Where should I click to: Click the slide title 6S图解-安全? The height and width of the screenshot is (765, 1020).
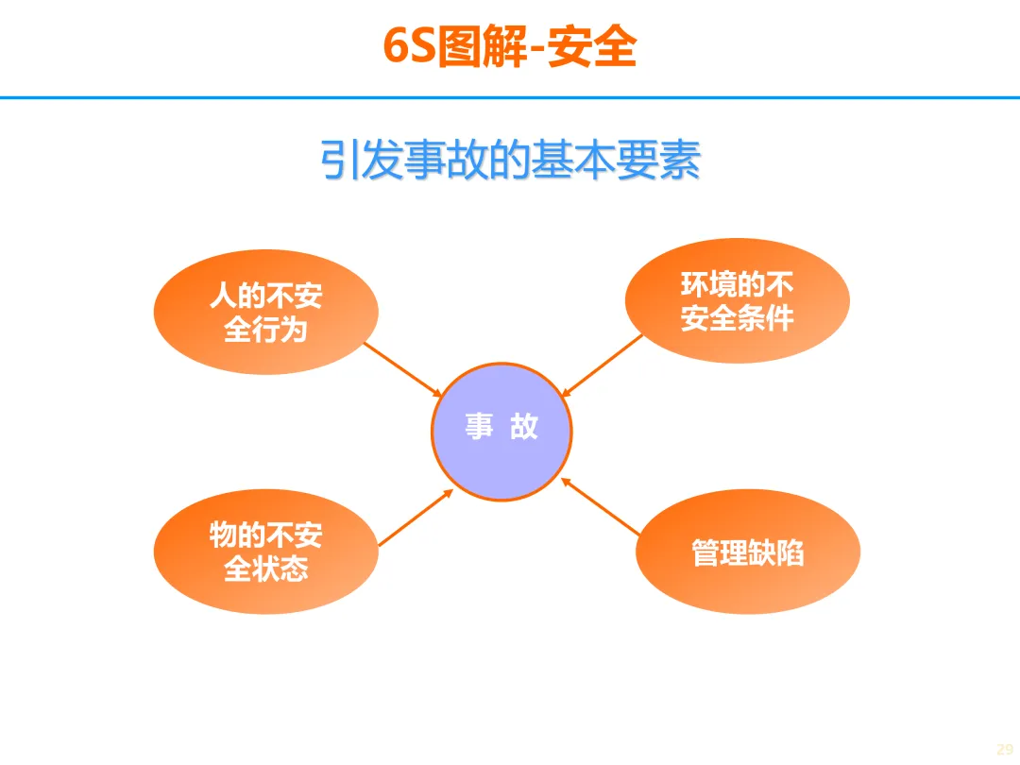[510, 47]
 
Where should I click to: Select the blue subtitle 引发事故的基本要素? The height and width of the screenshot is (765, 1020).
[510, 161]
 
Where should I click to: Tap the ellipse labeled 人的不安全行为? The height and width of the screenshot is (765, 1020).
[265, 312]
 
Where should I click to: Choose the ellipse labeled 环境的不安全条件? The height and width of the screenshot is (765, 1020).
[737, 300]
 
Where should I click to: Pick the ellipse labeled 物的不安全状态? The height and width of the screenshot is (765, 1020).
[265, 552]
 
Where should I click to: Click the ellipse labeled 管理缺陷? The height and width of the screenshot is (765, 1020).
[748, 552]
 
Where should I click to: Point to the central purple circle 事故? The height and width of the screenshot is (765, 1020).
[501, 432]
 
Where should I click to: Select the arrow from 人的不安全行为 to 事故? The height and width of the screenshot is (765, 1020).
[403, 369]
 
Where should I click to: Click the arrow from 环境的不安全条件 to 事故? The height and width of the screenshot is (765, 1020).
[602, 365]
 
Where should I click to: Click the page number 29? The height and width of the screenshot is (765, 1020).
[1004, 749]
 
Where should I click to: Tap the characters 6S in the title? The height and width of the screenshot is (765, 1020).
[409, 47]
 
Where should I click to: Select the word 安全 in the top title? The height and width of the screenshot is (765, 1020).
[592, 47]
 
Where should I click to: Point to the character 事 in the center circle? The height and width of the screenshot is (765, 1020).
[479, 427]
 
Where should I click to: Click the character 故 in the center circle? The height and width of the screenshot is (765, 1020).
[524, 427]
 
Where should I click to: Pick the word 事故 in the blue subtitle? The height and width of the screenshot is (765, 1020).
[443, 161]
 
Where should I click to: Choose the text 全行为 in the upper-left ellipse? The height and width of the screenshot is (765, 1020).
[265, 330]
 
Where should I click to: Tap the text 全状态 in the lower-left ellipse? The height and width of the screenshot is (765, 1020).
[265, 569]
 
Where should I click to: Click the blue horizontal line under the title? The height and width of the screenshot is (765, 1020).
[510, 97]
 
